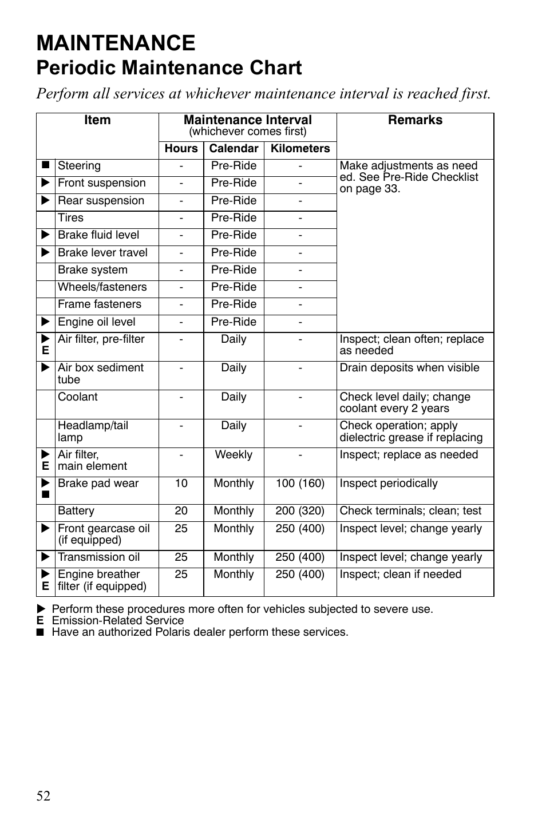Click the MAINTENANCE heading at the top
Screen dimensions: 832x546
(116, 43)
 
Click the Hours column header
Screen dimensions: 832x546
(181, 149)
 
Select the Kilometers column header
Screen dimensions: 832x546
(300, 149)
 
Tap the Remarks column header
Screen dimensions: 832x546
(415, 120)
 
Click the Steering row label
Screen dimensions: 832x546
(79, 166)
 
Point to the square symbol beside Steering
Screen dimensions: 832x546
(46, 166)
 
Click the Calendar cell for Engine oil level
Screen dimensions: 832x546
(234, 322)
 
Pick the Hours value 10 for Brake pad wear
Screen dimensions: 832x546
(181, 484)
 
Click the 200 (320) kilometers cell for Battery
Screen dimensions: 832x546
(300, 511)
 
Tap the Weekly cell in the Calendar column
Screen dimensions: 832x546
(234, 455)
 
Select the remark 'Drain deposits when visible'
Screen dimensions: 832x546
(409, 368)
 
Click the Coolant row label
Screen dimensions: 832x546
(78, 397)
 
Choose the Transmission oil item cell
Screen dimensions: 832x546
(98, 557)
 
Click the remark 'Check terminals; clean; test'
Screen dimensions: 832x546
(410, 511)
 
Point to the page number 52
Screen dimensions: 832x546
(43, 796)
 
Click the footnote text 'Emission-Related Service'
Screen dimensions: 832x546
(118, 621)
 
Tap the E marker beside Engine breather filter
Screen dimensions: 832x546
(46, 587)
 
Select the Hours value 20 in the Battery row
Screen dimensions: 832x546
(181, 511)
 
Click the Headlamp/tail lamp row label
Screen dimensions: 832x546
(93, 431)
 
